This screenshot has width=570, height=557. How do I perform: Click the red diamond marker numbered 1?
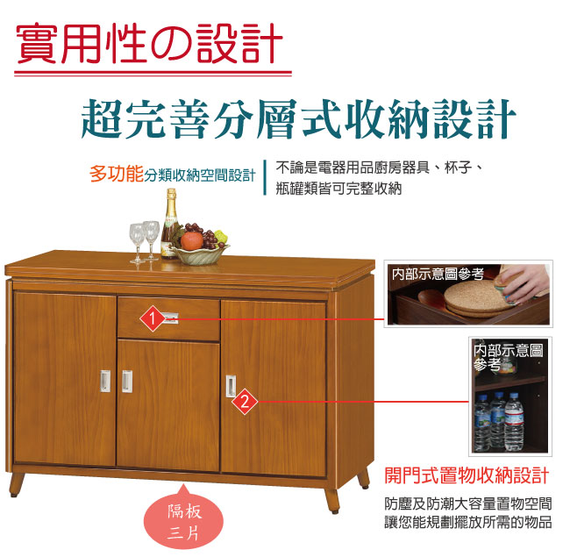click(x=153, y=319)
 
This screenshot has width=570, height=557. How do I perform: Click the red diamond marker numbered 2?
click(x=245, y=402)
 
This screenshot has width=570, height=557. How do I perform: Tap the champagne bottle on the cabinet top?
click(x=169, y=224)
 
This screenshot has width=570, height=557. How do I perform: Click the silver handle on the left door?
click(x=105, y=382)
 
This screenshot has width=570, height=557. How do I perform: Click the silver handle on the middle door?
click(x=127, y=382)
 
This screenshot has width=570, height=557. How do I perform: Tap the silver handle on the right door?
click(x=231, y=386)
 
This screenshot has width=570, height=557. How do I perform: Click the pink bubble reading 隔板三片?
click(x=183, y=519)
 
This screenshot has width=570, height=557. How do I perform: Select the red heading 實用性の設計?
click(x=149, y=43)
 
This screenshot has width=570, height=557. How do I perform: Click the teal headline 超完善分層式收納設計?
click(x=298, y=118)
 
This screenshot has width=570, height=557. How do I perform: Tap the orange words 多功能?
click(x=117, y=174)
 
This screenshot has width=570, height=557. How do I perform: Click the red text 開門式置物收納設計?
click(x=467, y=475)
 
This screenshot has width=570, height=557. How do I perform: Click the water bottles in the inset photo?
click(x=500, y=421)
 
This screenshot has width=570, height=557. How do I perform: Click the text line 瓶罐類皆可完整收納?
click(x=338, y=189)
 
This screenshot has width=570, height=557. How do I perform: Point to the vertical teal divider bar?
click(x=265, y=177)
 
